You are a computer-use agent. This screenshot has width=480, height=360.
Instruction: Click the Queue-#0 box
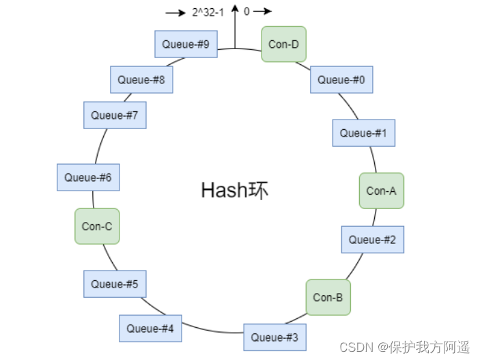[341, 80]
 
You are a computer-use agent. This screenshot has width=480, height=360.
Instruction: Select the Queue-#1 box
[363, 133]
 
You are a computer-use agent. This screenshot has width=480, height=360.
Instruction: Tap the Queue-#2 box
[372, 240]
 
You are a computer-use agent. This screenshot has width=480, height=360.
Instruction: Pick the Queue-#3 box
[274, 337]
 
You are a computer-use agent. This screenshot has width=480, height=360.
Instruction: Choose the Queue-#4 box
[150, 329]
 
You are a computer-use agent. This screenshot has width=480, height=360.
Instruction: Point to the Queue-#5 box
[115, 283]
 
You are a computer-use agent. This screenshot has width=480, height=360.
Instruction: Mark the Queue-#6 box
[88, 178]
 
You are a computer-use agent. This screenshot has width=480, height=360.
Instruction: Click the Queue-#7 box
[115, 115]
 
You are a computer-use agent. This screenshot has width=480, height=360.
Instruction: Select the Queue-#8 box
[141, 79]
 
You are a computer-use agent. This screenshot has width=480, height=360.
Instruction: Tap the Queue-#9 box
[186, 44]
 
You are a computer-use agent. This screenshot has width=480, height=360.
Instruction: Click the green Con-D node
[283, 44]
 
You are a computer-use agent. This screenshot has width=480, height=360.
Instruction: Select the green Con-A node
[381, 191]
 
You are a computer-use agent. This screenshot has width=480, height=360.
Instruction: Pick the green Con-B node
[328, 297]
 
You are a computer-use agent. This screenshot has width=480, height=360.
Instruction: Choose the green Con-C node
[97, 226]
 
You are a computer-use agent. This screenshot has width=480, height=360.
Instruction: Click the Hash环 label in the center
[235, 190]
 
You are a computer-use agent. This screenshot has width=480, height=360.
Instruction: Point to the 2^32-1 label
[208, 12]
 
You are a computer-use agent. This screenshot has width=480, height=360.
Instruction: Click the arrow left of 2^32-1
[176, 12]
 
